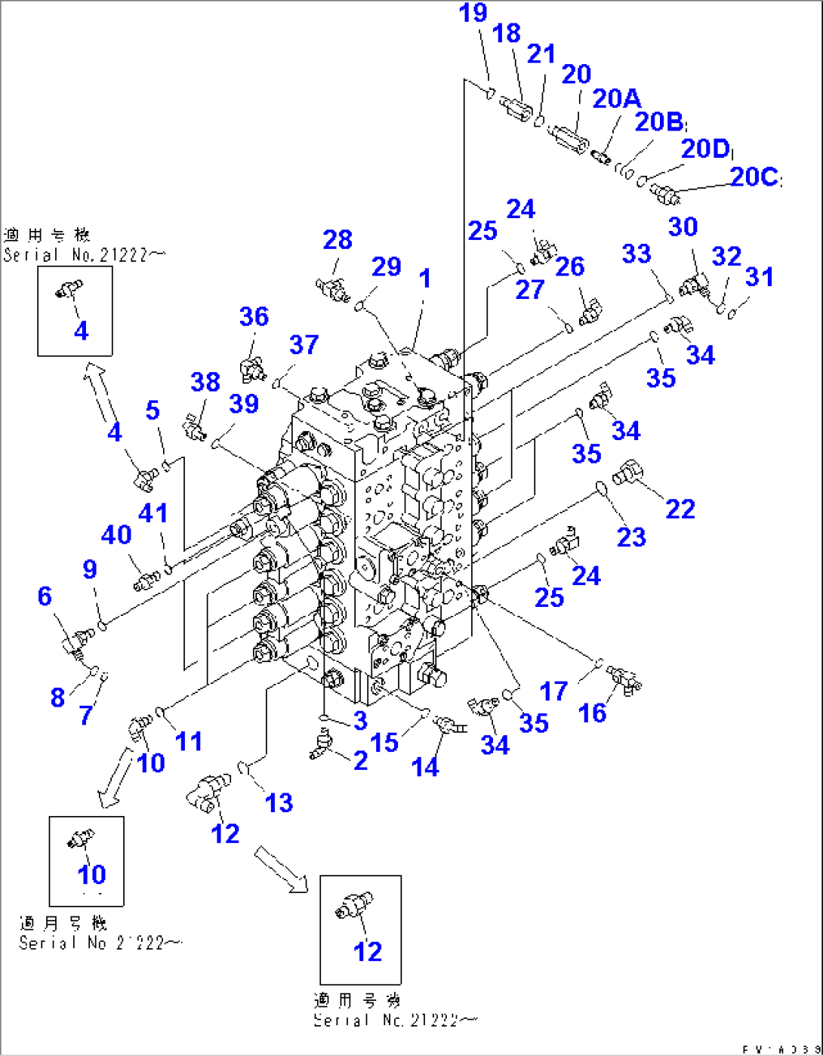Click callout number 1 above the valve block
425,279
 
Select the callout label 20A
617,99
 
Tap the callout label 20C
754,177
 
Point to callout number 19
473,14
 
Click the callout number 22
680,510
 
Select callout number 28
338,240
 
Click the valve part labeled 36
251,368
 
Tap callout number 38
205,382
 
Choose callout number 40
116,535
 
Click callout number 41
153,513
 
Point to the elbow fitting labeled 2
320,744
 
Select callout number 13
279,803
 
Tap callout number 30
683,227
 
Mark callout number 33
636,254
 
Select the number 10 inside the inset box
92,875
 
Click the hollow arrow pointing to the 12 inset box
280,868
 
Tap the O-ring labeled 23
602,489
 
